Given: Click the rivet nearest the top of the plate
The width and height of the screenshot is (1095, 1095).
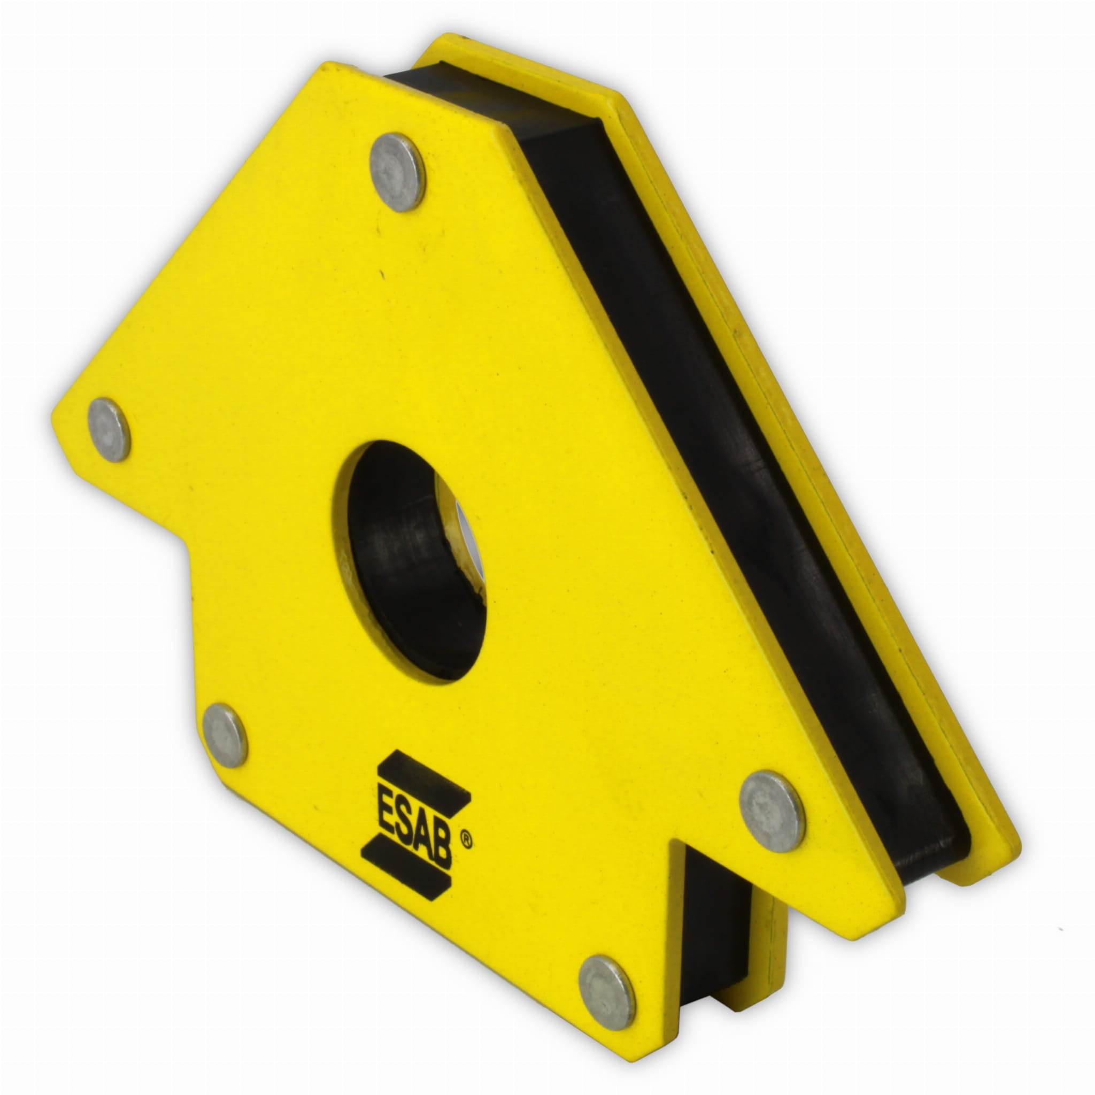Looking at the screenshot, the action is [x=397, y=172].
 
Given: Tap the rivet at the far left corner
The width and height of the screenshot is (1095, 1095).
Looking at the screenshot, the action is [x=110, y=429].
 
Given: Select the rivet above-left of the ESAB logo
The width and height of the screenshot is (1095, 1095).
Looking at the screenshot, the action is [x=225, y=736].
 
